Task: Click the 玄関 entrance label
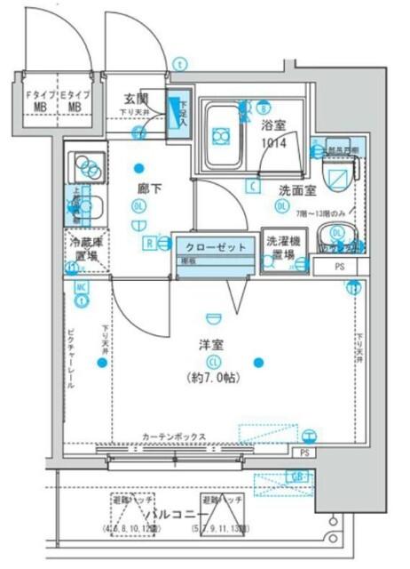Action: (135, 100)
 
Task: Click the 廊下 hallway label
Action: (148, 188)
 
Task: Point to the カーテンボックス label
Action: (174, 437)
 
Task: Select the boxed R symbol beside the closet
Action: (151, 242)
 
